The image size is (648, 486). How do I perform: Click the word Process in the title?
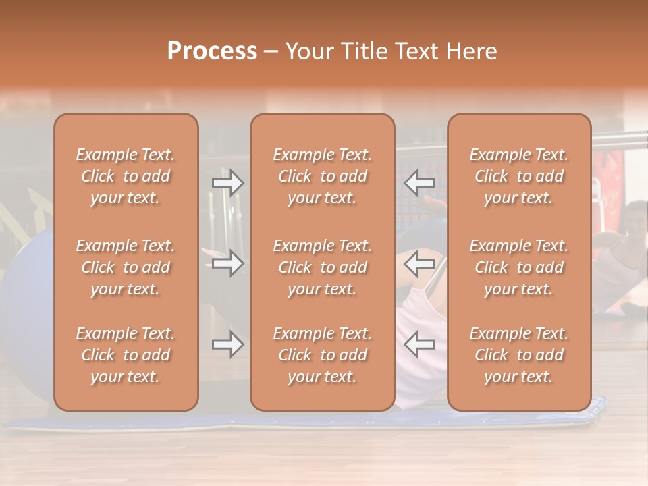(212, 51)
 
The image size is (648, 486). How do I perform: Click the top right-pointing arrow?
(227, 182)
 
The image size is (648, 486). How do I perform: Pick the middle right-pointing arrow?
(227, 263)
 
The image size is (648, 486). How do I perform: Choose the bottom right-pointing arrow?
(227, 344)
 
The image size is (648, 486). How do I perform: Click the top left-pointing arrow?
(419, 182)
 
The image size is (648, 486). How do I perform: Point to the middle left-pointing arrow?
(419, 263)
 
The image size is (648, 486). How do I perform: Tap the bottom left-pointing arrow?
(419, 344)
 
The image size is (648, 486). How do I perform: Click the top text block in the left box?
(126, 176)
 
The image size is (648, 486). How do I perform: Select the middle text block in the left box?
(126, 267)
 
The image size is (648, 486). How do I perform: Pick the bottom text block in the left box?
(126, 355)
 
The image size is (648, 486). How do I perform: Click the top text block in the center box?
(322, 176)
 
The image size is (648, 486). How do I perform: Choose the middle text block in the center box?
(322, 267)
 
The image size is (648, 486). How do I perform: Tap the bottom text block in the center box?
(322, 355)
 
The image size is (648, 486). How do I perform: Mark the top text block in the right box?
(519, 176)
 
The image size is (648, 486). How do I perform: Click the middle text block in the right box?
(519, 267)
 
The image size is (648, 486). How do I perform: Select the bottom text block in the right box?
(519, 355)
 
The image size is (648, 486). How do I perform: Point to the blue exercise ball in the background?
(27, 283)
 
